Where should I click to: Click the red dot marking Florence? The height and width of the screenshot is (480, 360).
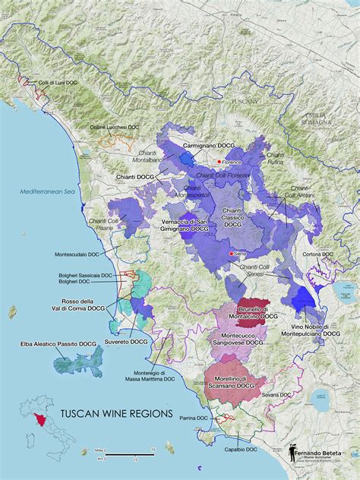(x=219, y=162)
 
